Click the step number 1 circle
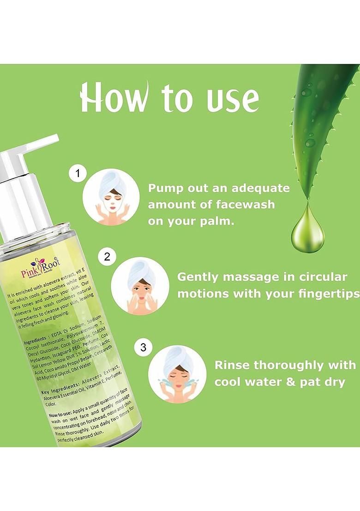point(78,174)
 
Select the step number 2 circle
point(107,256)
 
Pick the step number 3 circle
point(143,347)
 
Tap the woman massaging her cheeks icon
point(140,285)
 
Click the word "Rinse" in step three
point(233,365)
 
